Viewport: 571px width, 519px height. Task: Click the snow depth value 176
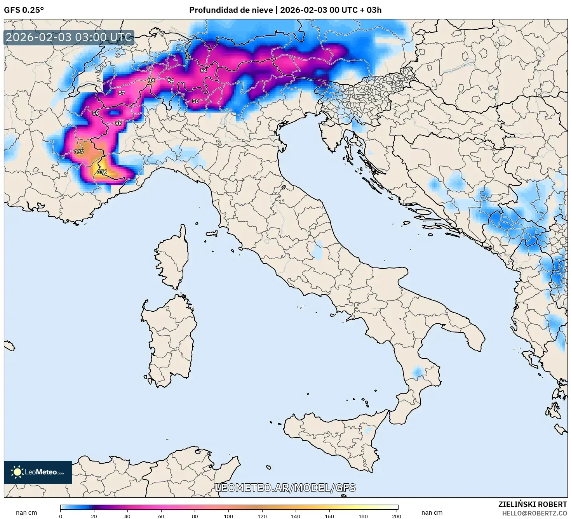click(102, 172)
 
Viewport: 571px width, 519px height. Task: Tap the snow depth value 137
click(79, 151)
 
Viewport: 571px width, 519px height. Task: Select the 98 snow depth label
click(151, 81)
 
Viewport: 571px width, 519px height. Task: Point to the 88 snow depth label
click(118, 123)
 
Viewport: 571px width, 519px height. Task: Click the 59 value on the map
click(96, 113)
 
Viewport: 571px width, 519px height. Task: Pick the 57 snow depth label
click(122, 93)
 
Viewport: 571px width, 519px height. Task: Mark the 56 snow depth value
click(195, 101)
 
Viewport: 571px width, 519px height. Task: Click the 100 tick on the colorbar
click(228, 516)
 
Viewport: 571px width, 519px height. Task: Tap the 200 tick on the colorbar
click(396, 516)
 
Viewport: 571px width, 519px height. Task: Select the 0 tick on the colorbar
click(61, 516)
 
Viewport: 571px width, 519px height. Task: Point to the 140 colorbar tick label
click(296, 516)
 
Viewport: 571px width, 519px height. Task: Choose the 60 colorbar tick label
click(161, 516)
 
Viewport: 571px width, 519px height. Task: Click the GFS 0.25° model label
click(24, 10)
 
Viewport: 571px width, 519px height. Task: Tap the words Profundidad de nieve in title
click(231, 10)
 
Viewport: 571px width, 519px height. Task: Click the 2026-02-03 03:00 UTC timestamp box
click(69, 38)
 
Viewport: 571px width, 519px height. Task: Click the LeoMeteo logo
click(38, 472)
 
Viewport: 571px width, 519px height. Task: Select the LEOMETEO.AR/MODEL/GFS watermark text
click(285, 488)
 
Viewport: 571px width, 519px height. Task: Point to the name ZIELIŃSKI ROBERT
click(533, 504)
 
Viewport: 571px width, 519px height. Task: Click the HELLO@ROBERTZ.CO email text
click(534, 513)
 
